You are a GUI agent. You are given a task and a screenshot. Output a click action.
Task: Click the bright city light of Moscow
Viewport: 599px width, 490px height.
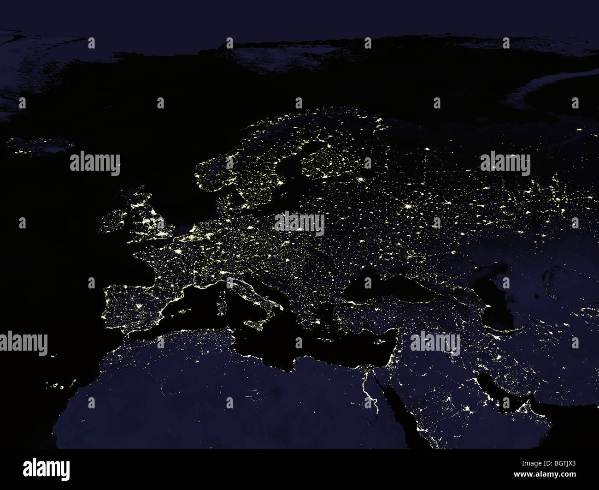click(x=407, y=206)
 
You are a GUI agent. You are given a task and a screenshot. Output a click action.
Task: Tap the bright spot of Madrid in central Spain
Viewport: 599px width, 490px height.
click(x=137, y=307)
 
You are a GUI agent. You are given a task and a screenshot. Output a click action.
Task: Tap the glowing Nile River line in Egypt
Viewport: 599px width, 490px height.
click(x=369, y=392)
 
